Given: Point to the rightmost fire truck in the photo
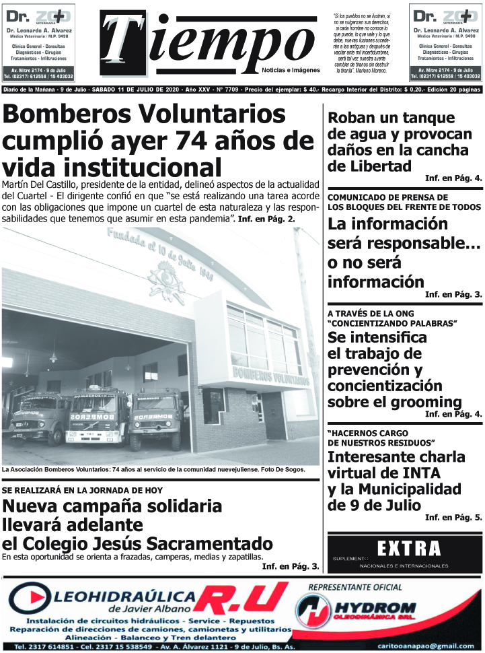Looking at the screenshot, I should tap(156, 419).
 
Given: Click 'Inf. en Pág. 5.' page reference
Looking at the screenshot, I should tap(453, 518).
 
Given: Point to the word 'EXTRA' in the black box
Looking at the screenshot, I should tap(409, 549).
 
